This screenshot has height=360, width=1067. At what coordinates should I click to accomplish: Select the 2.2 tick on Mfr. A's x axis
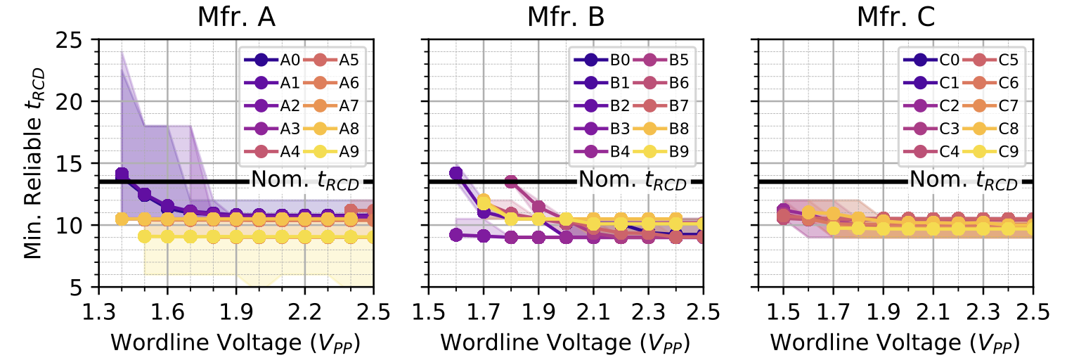(x=304, y=310)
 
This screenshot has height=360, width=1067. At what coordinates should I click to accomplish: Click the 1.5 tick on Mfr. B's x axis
(x=427, y=310)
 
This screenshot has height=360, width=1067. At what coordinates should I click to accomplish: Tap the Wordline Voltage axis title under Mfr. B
(x=565, y=342)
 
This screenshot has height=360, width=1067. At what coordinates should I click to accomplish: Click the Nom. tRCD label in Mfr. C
(x=964, y=181)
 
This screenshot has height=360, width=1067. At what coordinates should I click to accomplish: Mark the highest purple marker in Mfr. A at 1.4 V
(x=122, y=174)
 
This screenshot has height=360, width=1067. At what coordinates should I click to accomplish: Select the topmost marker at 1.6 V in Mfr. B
(x=455, y=173)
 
